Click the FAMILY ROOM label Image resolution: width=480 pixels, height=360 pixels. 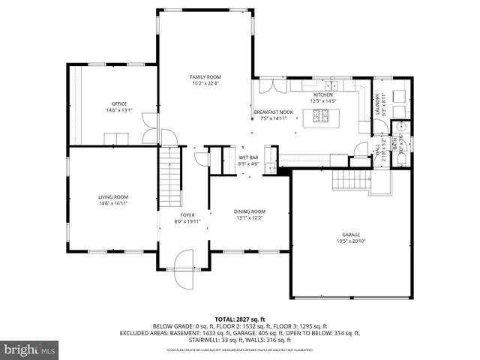[205, 77]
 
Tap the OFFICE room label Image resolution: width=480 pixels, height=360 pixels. [119, 103]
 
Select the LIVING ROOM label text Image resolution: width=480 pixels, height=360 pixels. [112, 196]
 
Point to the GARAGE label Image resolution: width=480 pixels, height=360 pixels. [351, 234]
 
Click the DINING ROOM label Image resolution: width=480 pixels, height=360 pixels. [250, 211]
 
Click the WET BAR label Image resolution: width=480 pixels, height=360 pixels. [248, 157]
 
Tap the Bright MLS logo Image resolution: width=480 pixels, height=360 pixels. [30, 349]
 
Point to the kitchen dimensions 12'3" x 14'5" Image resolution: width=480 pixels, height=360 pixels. [323, 101]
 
